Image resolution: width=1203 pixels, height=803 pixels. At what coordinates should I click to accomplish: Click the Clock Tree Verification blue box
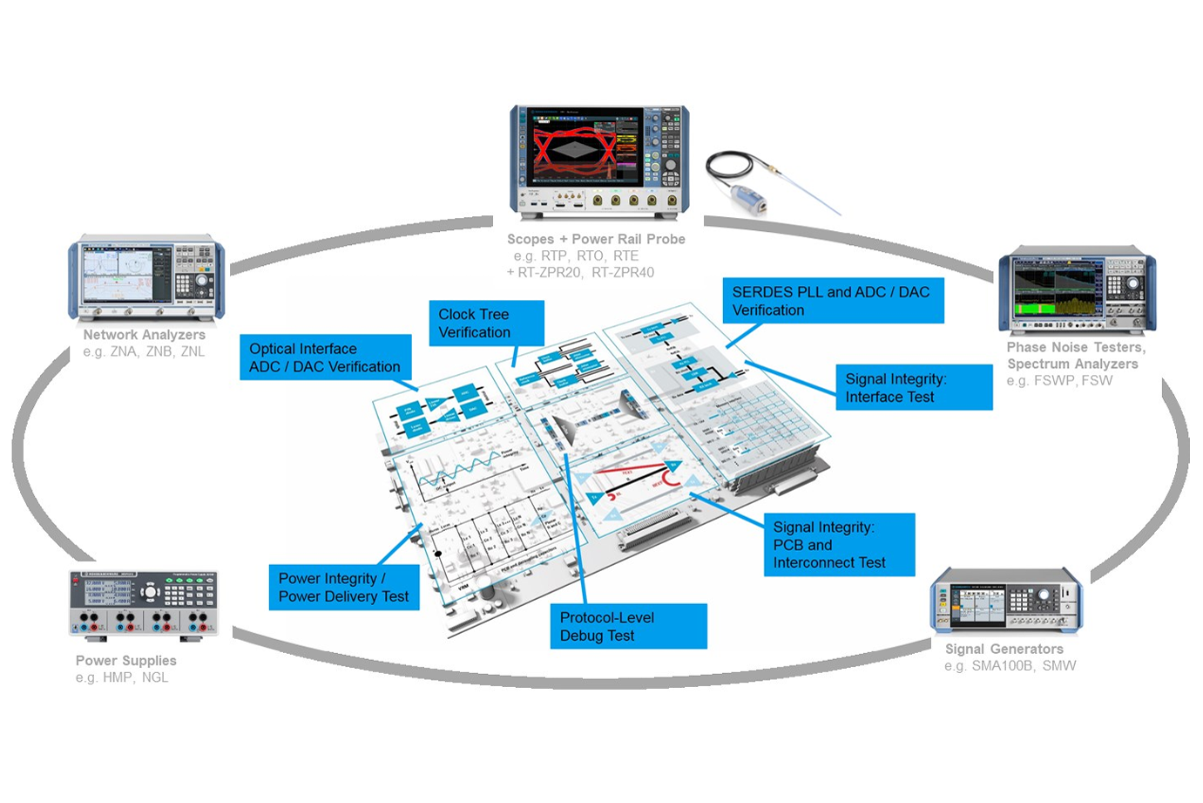pos(486,323)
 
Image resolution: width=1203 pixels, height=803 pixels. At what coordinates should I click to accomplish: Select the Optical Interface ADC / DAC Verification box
pos(325,357)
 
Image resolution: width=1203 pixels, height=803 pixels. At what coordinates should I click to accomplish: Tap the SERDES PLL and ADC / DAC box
pos(832,301)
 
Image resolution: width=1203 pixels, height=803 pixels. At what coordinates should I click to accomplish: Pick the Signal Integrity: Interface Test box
pos(913,388)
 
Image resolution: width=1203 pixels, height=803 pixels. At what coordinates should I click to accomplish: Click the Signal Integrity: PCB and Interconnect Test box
pos(839,545)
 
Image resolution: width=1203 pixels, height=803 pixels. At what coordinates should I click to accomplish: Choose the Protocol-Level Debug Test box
pos(628,627)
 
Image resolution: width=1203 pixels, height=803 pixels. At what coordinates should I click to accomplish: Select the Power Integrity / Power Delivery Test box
pos(344,588)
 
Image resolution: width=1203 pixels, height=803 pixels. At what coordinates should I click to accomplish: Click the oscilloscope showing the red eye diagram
pos(599,161)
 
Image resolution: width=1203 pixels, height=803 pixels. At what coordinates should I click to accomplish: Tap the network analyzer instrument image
pos(146,278)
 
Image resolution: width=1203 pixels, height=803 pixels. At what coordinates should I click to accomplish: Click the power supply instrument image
pos(144,605)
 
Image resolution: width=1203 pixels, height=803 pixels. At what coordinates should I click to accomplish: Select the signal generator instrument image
pos(1006,602)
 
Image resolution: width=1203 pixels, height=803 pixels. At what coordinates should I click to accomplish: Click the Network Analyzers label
pos(145,335)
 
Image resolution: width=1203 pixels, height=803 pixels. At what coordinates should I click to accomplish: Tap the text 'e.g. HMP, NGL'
pos(122,677)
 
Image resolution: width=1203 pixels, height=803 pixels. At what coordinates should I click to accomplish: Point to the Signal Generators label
pos(1004,649)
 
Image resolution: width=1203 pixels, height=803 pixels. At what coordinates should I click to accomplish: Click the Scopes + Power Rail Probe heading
pos(596,239)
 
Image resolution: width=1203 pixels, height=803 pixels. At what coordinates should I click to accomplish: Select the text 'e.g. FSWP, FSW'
pos(1059,381)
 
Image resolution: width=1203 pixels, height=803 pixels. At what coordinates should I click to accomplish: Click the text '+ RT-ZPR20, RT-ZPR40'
pos(580,272)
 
